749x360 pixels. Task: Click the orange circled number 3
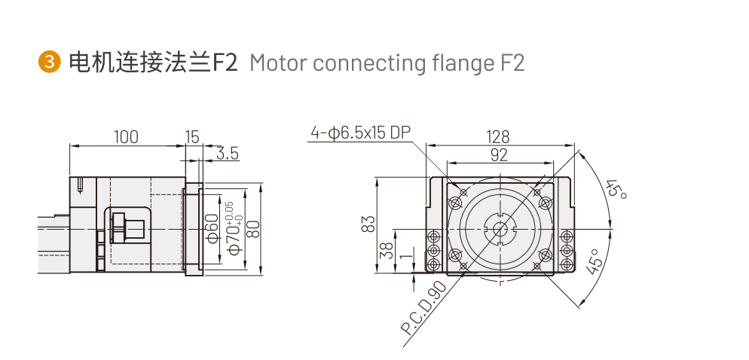[49, 63]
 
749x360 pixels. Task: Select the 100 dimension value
[126, 136]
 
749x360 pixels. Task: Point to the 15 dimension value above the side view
[192, 136]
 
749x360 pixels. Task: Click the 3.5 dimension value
[227, 154]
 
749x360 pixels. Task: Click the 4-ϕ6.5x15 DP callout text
[360, 133]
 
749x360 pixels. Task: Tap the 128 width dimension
[497, 137]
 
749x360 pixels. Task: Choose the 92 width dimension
[498, 155]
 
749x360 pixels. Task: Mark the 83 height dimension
[368, 224]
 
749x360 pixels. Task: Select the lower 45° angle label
[595, 261]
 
